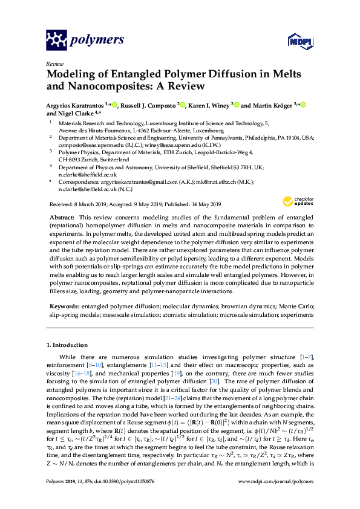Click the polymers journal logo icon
[x=56, y=41]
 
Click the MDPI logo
[x=295, y=41]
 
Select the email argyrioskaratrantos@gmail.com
[x=136, y=182]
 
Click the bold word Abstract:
[x=62, y=216]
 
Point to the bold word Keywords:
[x=64, y=306]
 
